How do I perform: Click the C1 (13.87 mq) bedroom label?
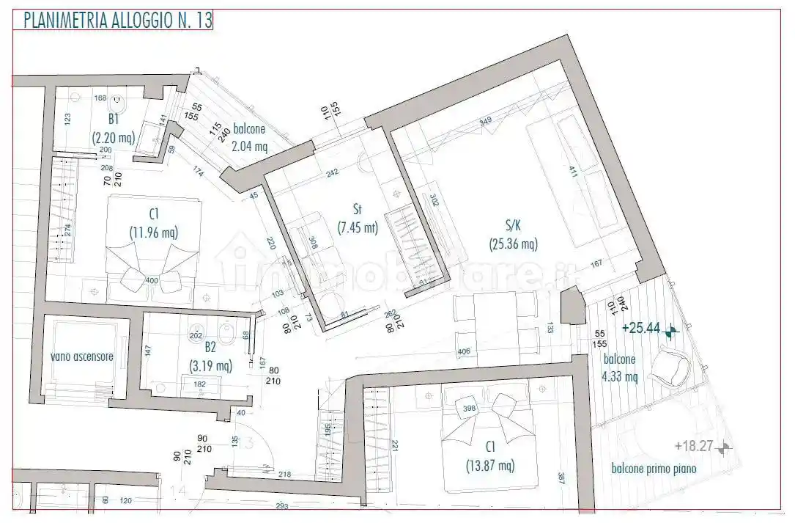pos(489,456)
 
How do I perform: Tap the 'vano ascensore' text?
pos(82,356)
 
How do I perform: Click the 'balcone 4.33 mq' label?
pos(620,369)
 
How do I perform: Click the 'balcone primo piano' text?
pos(654,469)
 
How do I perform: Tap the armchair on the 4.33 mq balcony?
pos(672,367)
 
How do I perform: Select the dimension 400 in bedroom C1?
pos(152,281)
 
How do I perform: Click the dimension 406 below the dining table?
pos(463,352)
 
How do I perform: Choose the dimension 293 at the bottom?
pos(282,505)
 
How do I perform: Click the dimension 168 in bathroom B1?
pos(100,98)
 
